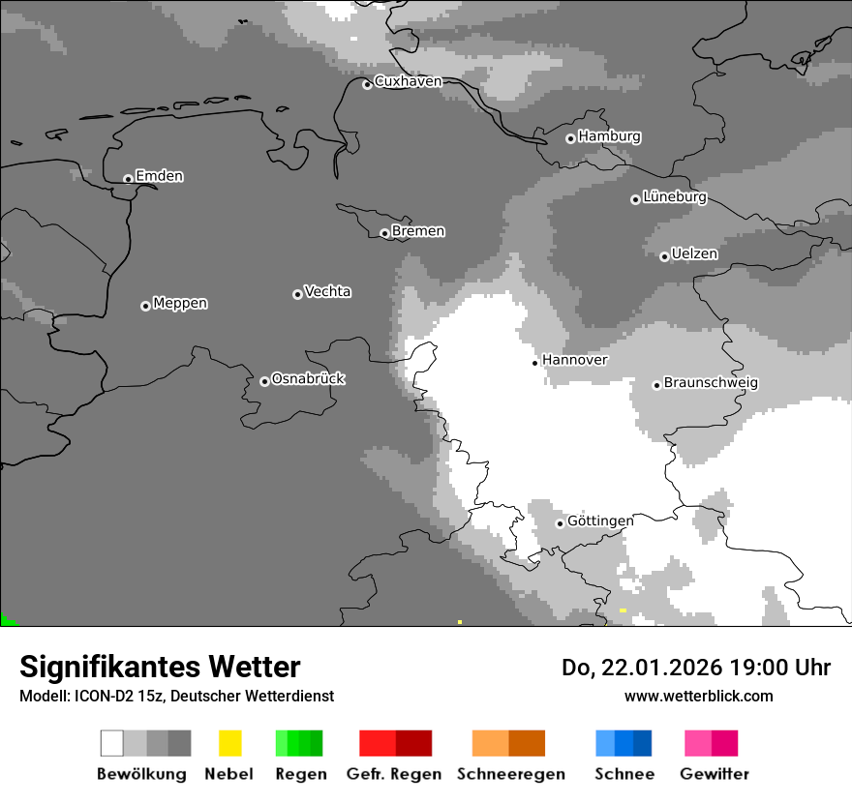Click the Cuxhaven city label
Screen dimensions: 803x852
(408, 81)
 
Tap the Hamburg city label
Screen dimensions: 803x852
(609, 136)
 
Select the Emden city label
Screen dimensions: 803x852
(159, 176)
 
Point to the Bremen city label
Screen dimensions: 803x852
(418, 231)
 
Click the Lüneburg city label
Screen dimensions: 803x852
(674, 197)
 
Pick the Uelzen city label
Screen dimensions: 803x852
(694, 254)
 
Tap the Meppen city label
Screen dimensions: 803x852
(180, 304)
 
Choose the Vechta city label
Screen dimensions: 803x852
(327, 291)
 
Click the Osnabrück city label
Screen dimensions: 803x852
(308, 379)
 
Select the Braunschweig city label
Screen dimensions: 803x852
(711, 383)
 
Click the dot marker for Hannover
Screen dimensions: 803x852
(534, 363)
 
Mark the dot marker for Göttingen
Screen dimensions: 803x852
(560, 523)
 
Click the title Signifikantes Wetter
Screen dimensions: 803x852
(160, 667)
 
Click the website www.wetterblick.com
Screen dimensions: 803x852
(698, 696)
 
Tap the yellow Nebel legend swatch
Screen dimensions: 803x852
(229, 743)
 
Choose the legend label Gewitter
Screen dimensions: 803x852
(715, 774)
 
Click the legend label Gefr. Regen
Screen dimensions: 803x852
(394, 774)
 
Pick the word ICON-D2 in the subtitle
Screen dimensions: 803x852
(102, 696)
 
